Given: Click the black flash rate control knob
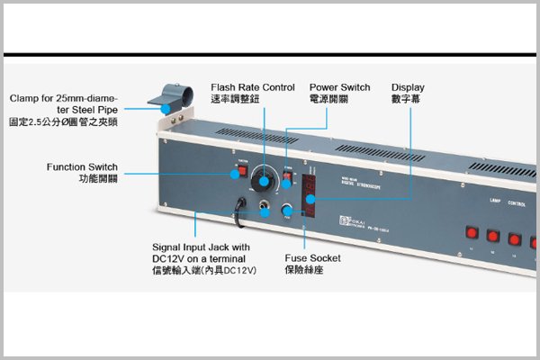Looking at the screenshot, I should click(x=264, y=180).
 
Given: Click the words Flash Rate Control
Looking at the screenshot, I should click(x=252, y=87).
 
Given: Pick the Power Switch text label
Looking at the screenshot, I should click(x=339, y=87).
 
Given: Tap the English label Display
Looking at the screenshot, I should click(x=408, y=87).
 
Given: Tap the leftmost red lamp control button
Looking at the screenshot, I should click(x=470, y=233).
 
